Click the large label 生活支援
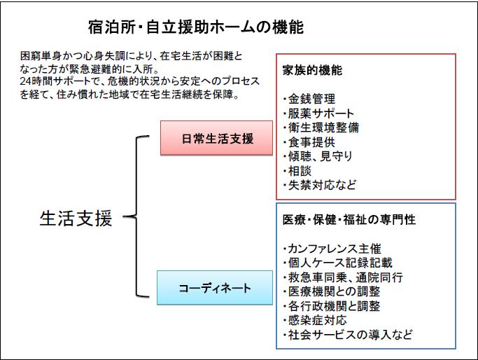click(x=76, y=219)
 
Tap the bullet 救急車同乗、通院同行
click(x=343, y=277)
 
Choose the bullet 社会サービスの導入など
click(x=346, y=335)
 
